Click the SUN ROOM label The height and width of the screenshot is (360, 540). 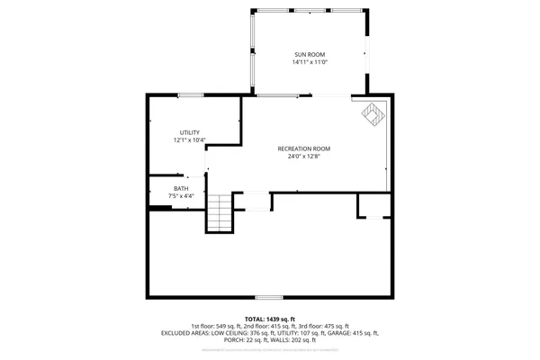click(310, 54)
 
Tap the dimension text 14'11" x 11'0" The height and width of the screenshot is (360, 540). click(310, 63)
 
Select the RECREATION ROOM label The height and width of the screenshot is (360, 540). click(303, 148)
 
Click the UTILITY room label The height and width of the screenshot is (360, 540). click(189, 132)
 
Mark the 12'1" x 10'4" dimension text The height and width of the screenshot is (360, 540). click(189, 140)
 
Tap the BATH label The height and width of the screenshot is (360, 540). click(181, 188)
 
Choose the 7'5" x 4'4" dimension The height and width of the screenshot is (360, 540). click(181, 196)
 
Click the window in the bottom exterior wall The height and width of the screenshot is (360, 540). click(268, 298)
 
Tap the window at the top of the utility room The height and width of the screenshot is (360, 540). click(190, 95)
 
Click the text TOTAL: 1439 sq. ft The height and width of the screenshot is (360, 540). click(269, 319)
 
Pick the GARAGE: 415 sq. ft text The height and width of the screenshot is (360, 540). click(355, 333)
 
